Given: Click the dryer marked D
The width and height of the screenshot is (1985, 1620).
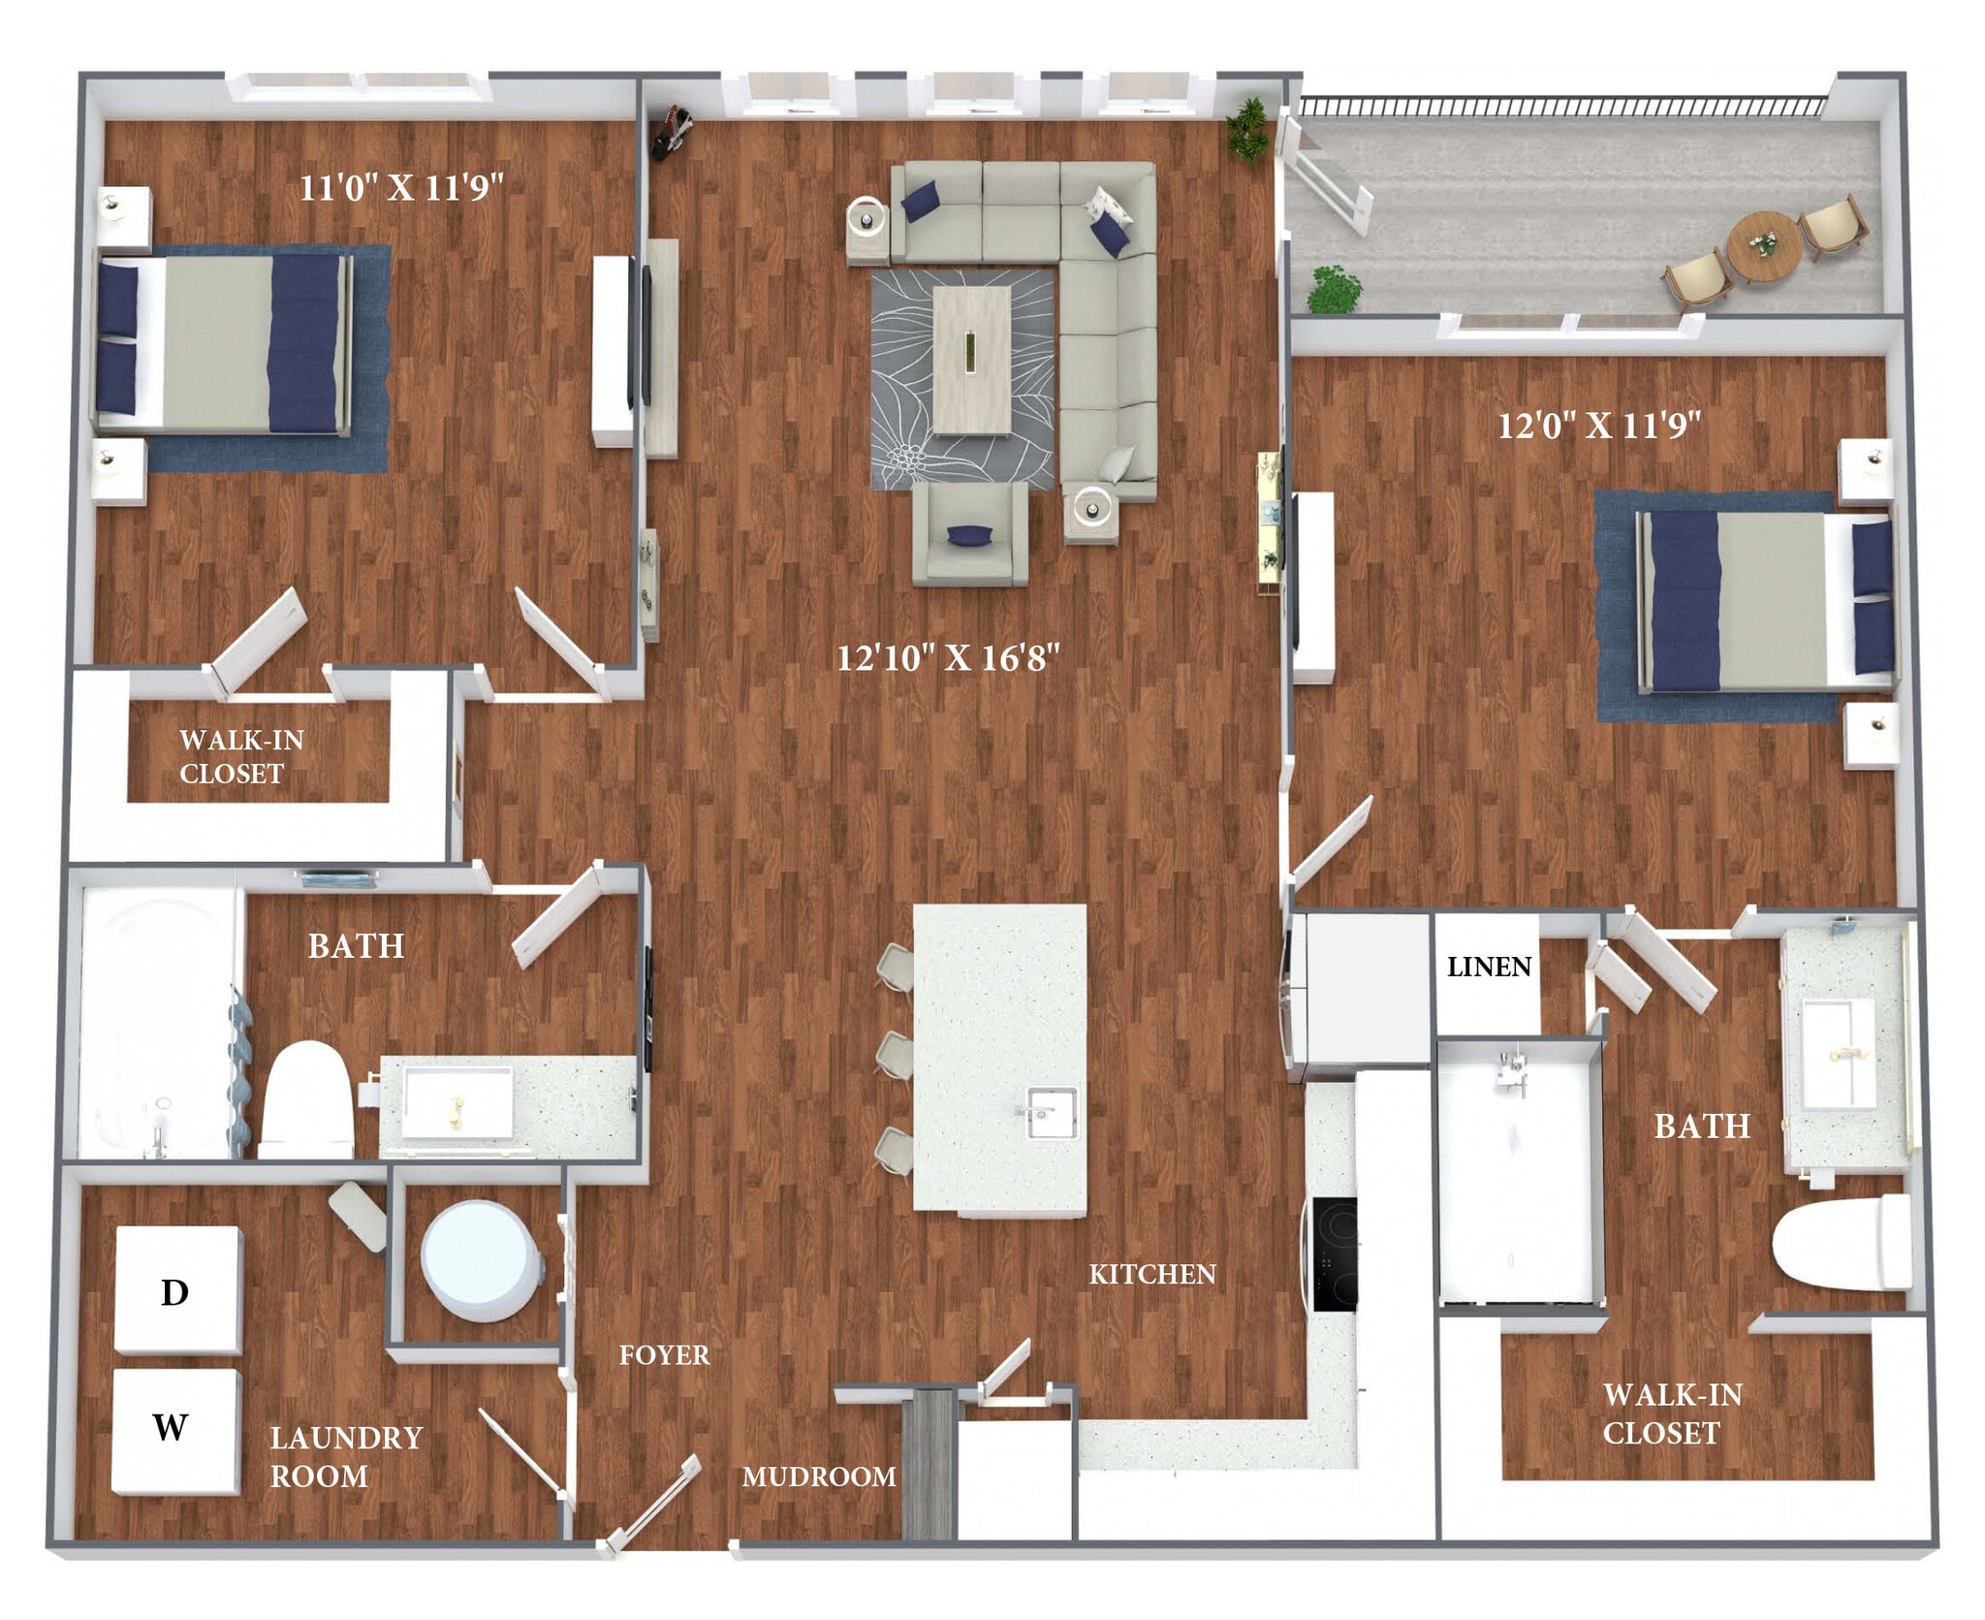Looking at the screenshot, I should [176, 1289].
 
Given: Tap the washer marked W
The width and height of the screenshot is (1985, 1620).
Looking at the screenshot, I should [174, 1431].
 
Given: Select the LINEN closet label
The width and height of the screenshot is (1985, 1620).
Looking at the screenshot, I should [1488, 967].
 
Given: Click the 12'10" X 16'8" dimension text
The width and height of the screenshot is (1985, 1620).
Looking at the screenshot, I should [947, 658].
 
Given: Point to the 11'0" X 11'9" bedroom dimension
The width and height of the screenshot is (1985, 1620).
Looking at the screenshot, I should [400, 187].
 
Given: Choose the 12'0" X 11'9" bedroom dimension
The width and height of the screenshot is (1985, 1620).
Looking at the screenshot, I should [1599, 425].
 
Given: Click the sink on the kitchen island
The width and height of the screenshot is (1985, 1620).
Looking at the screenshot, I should [1051, 1113].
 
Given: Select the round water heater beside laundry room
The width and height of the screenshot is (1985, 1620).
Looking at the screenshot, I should [481, 1261].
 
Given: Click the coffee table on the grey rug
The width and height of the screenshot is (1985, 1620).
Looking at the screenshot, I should [971, 360].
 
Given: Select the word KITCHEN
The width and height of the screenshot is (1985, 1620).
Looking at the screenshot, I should [1151, 1274].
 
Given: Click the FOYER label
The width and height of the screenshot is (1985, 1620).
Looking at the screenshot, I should [664, 1354].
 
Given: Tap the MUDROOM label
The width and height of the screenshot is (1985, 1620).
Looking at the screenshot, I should [818, 1477].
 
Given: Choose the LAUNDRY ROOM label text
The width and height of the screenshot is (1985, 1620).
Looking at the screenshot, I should [345, 1456].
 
